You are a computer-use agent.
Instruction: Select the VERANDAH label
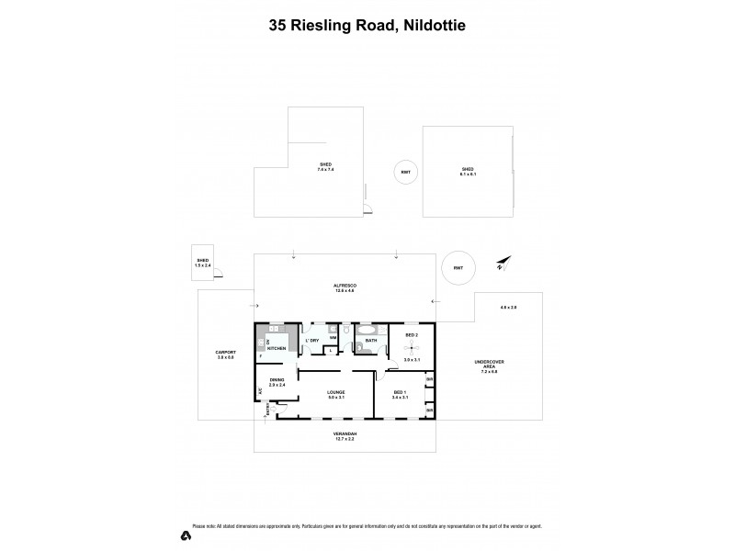345,434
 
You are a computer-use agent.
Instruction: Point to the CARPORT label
226,354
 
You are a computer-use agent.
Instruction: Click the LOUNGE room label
337,393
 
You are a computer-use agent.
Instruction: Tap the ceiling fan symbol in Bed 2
412,349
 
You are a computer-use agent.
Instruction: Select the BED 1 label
399,393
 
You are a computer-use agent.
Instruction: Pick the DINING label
277,381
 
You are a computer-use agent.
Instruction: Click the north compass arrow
501,264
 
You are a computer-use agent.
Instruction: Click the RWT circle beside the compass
458,267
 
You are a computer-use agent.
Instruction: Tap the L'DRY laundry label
312,341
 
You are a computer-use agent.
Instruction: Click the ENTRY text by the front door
266,412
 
